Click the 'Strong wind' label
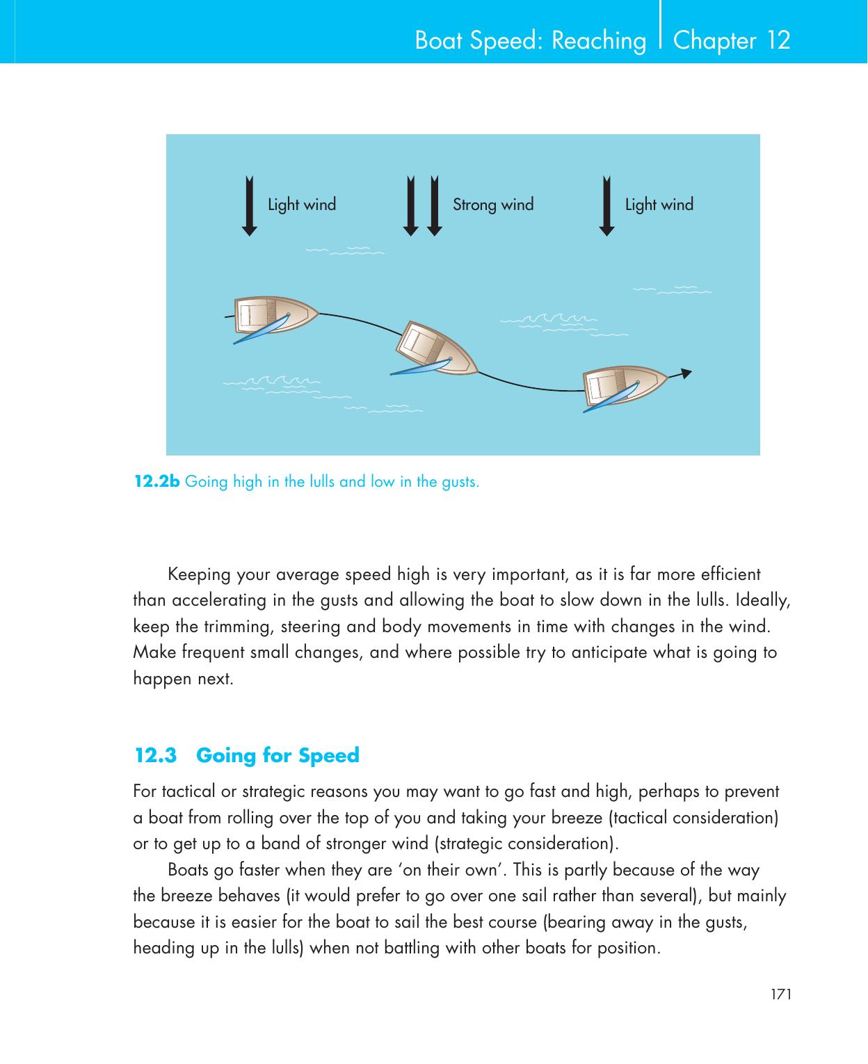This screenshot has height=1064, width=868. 493,204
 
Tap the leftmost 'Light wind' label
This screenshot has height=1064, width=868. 302,204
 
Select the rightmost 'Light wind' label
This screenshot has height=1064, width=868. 659,204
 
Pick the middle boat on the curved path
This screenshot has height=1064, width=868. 437,349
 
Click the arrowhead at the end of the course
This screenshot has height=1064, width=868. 686,373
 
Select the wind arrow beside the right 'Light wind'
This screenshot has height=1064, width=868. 606,207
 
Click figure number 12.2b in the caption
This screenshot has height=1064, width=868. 156,481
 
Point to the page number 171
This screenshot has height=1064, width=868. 781,994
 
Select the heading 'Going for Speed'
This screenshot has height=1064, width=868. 278,755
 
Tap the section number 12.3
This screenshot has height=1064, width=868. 155,755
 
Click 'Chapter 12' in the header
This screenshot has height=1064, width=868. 732,40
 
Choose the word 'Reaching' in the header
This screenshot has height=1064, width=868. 598,41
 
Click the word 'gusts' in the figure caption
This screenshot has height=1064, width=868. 459,481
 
